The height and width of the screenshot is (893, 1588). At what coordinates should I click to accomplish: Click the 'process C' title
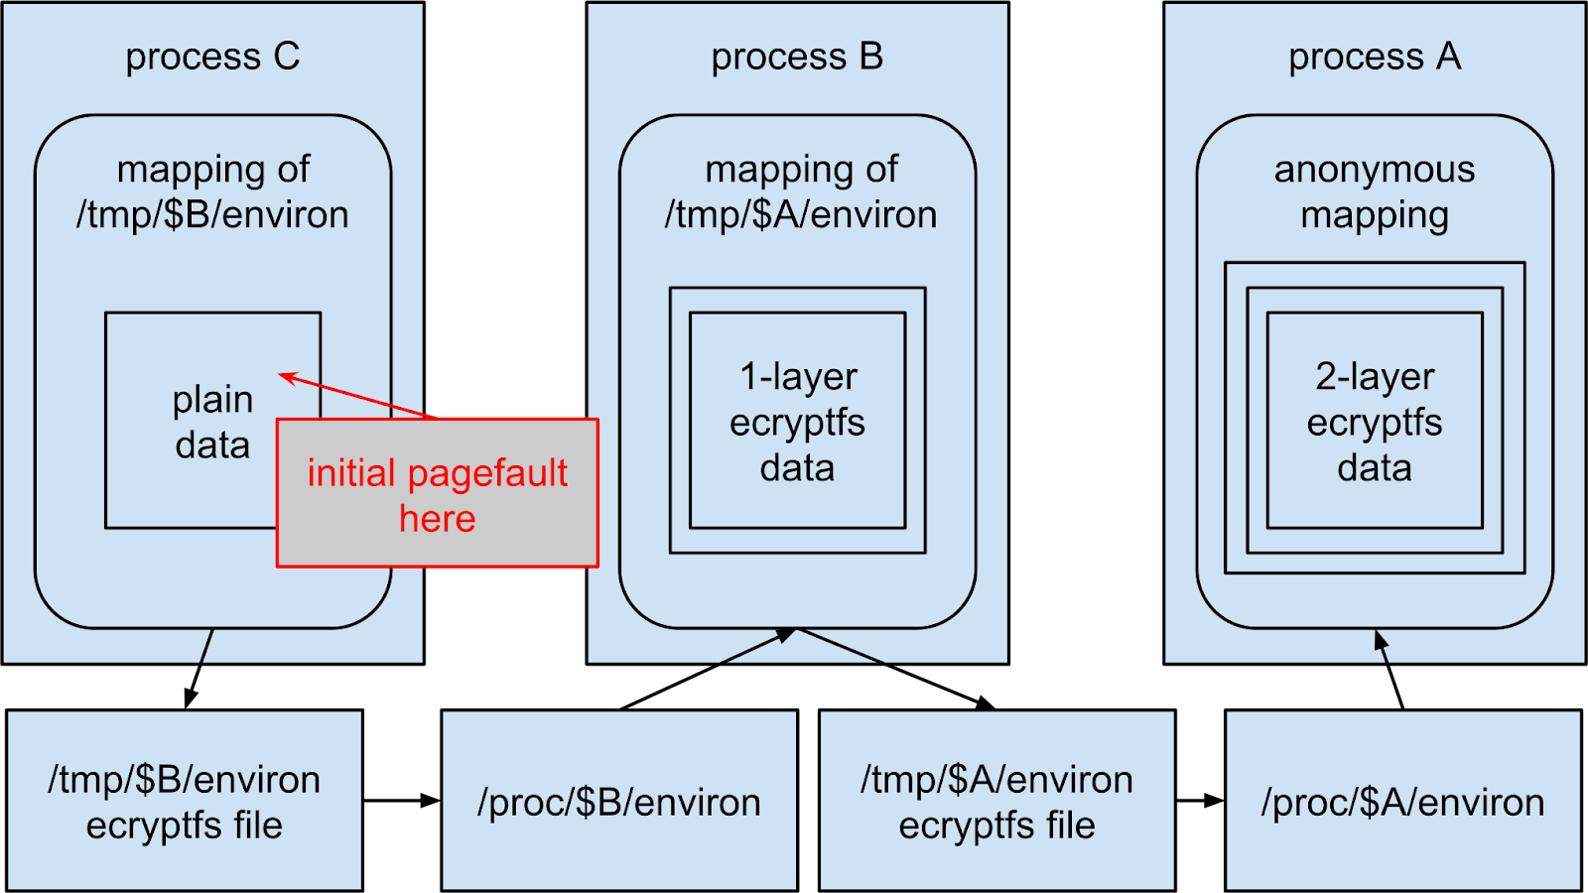point(212,58)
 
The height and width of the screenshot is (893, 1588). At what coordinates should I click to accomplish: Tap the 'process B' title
point(797,58)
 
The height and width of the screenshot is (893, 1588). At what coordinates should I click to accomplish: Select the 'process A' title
point(1375,58)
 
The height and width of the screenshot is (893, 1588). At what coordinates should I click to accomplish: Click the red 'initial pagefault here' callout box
point(438,494)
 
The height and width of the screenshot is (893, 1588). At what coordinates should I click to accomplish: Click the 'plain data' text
point(212,423)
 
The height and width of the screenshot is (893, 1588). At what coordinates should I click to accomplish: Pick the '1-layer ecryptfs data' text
point(798,422)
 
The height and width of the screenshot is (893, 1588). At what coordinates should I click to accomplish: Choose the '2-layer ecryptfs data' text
point(1375,422)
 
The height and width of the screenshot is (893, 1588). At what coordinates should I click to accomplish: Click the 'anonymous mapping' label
point(1375,192)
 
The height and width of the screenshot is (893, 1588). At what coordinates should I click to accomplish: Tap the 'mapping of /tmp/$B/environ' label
point(212,192)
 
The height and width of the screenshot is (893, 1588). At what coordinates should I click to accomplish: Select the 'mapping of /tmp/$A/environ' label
point(801,192)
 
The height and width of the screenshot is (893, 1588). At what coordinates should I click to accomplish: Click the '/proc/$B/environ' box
point(619,802)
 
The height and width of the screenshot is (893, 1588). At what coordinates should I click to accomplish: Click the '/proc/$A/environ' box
point(1402,802)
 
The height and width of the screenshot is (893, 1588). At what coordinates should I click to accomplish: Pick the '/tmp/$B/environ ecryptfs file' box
point(185,802)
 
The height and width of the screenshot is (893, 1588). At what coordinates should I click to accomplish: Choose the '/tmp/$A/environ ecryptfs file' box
point(996,802)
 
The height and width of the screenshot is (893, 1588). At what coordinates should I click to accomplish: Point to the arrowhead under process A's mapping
point(1380,640)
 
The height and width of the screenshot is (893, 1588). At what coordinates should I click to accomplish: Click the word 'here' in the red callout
point(438,519)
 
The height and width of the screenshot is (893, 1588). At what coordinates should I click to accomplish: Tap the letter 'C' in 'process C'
point(287,58)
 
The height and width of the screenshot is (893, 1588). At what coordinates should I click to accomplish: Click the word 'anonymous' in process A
point(1375,170)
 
